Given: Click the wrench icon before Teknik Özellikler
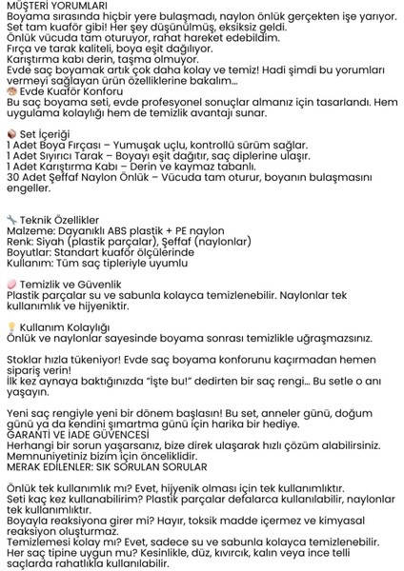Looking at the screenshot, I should pos(11,218).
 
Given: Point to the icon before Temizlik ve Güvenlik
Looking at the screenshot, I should pos(11,283).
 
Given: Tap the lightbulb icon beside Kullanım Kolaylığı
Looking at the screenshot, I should pos(11,325).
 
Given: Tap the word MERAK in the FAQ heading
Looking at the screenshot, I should pos(28,466).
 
